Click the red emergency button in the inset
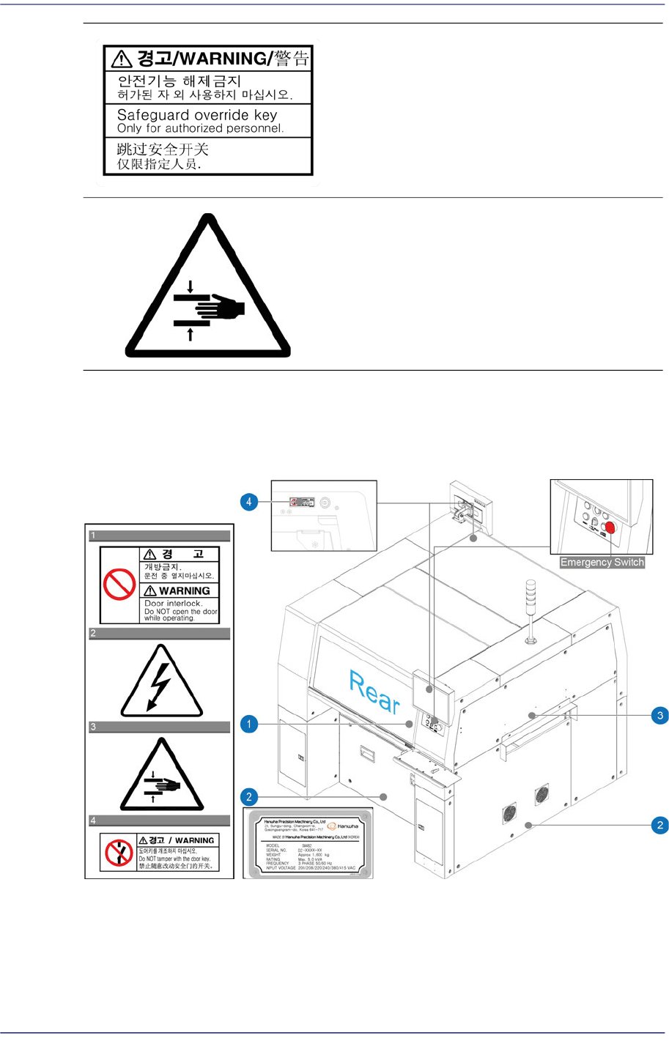click(610, 527)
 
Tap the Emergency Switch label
click(602, 563)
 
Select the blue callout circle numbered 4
click(249, 502)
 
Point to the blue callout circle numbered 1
click(249, 725)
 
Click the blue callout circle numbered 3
click(660, 716)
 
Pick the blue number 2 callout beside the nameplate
click(249, 797)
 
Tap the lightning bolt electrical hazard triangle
click(161, 683)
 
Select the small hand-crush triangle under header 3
click(161, 777)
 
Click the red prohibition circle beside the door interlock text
click(119, 585)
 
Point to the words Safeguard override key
click(197, 115)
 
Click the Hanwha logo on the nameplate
click(343, 826)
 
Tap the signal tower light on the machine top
click(530, 608)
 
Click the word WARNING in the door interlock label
click(184, 590)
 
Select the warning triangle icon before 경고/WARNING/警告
click(122, 59)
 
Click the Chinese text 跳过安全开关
click(163, 149)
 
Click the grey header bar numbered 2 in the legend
click(160, 633)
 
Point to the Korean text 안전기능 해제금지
click(180, 81)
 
